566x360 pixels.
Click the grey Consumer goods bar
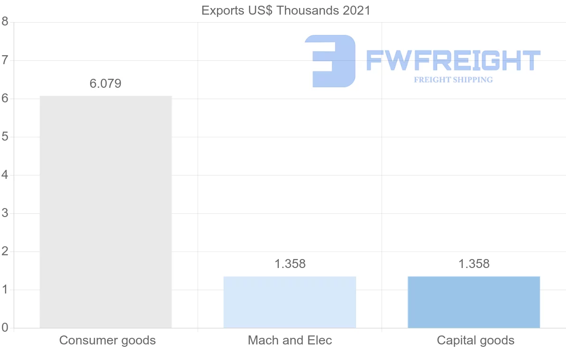(106, 212)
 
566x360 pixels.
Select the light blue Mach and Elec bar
(290, 302)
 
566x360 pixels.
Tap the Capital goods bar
(474, 302)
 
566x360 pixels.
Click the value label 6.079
(106, 84)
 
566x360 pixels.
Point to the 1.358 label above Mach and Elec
(290, 264)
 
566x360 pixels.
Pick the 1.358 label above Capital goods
(474, 264)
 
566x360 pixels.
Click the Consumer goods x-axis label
(108, 340)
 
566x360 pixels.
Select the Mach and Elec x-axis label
(290, 340)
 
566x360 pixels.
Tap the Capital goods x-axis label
(475, 340)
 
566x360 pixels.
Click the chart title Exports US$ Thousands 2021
(286, 10)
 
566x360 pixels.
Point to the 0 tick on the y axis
(5, 328)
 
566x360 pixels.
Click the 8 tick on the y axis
(5, 22)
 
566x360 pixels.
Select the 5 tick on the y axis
(5, 137)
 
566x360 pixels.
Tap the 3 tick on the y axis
(5, 213)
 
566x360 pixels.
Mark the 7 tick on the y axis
(5, 60)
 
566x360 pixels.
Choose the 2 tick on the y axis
(5, 251)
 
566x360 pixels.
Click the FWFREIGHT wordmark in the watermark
(453, 61)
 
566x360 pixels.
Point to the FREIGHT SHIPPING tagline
(453, 80)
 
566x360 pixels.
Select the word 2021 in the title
(354, 10)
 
